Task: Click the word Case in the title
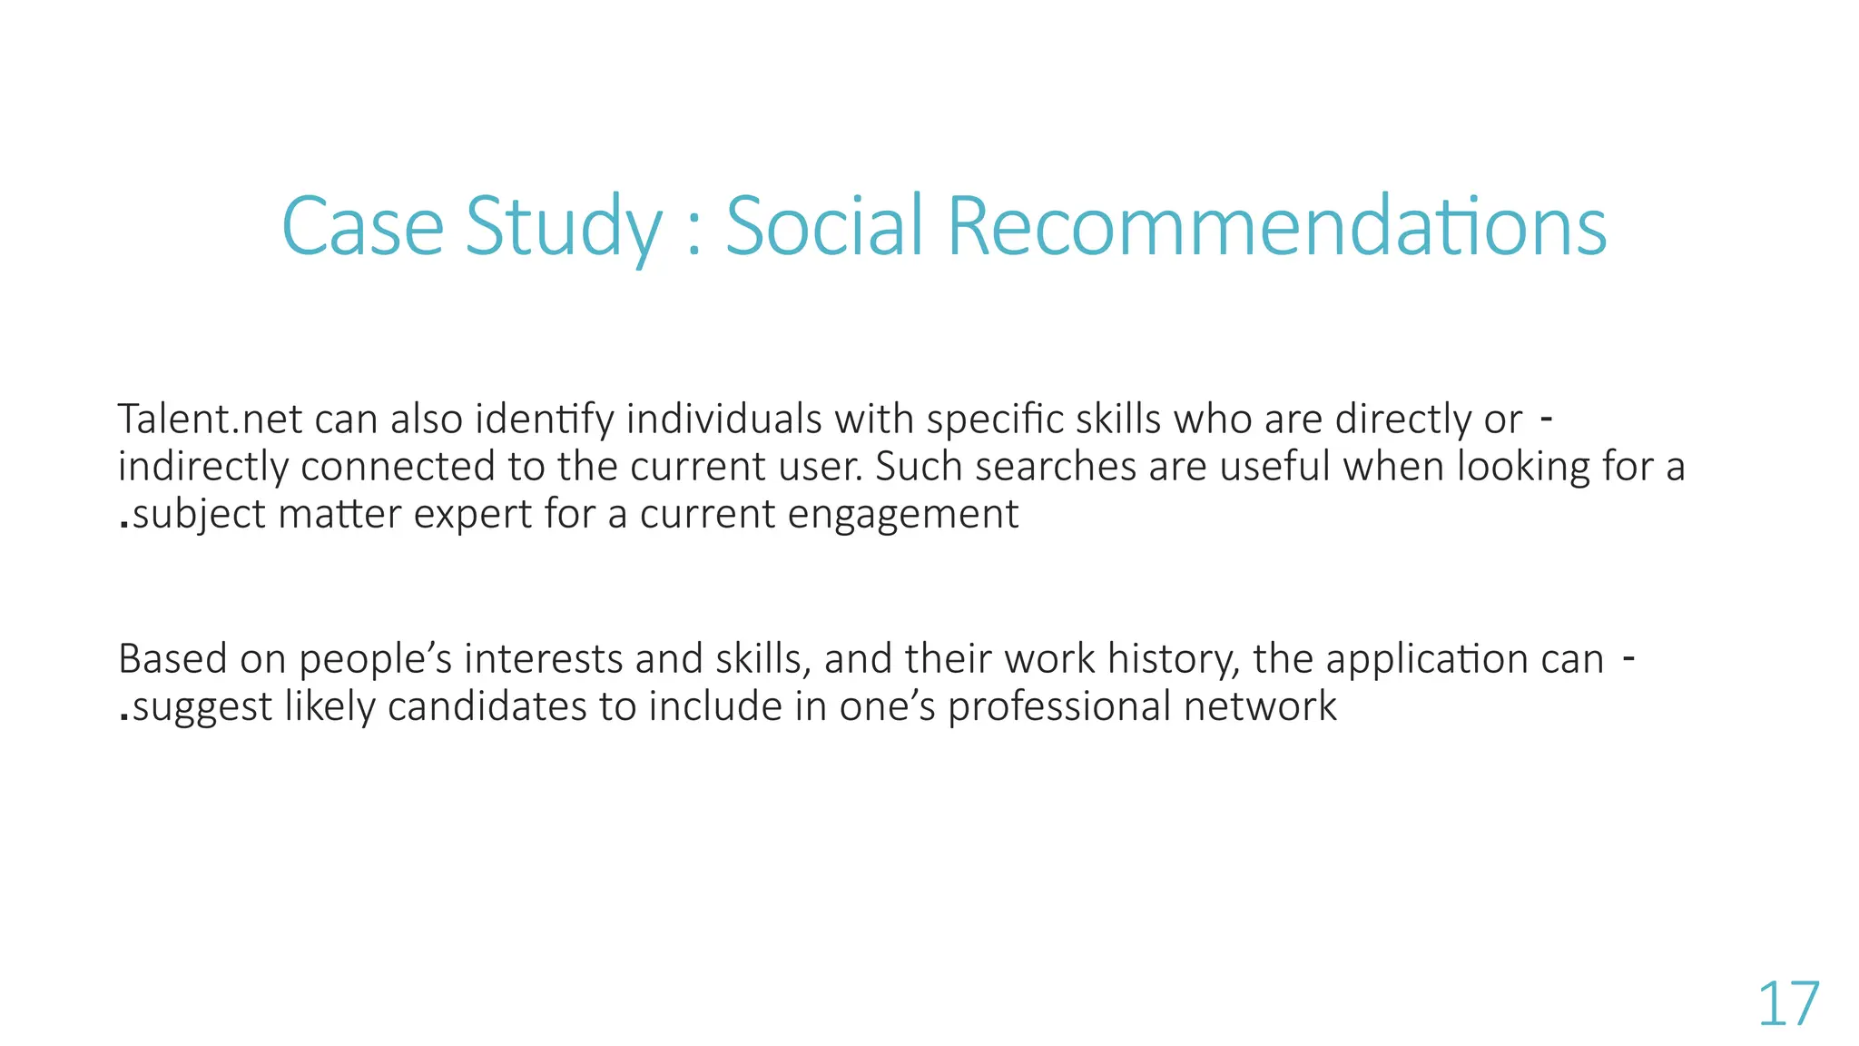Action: tap(362, 226)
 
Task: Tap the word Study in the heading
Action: tap(564, 226)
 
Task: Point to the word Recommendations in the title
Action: tap(1276, 226)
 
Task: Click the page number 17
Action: tap(1788, 1005)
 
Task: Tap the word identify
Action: tap(545, 419)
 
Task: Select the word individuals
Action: tap(723, 419)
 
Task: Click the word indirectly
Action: tap(202, 467)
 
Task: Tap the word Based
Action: tap(172, 659)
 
